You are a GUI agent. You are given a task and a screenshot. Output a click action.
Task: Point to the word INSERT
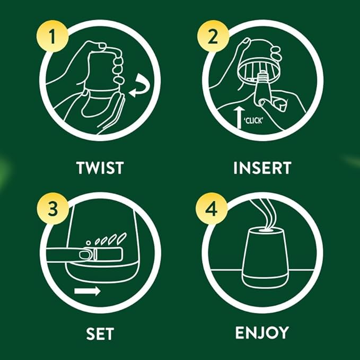tap(262, 168)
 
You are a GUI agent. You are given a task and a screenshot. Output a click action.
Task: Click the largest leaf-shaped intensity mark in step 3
tap(122, 236)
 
